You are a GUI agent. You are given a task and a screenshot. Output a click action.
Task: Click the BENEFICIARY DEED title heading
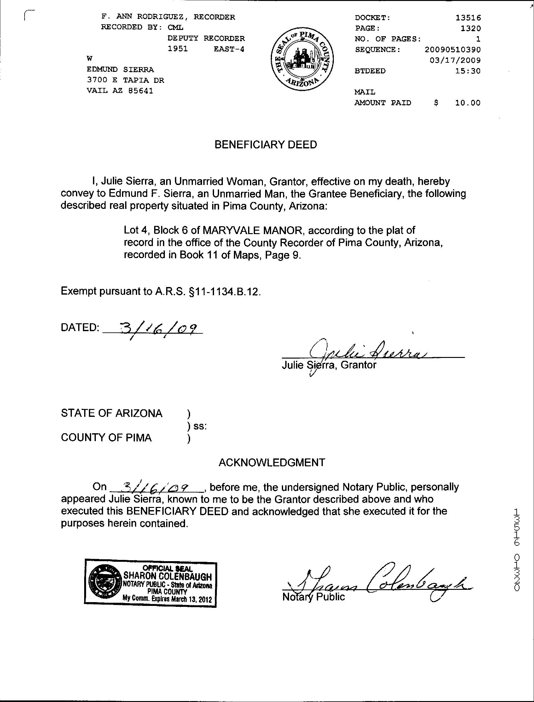coord(266,145)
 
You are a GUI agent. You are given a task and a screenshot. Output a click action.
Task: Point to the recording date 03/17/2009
coord(455,60)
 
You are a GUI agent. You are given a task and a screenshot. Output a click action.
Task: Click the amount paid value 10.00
coord(467,103)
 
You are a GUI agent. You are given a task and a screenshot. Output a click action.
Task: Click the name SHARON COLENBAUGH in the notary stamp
coord(167,576)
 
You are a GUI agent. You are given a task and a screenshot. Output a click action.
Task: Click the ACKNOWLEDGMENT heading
coord(272,462)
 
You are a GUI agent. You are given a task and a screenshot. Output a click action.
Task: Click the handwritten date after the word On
coord(156,486)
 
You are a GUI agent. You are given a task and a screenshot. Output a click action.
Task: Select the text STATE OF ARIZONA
coord(112,413)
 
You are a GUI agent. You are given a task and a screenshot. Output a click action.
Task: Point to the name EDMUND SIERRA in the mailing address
coord(120,70)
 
